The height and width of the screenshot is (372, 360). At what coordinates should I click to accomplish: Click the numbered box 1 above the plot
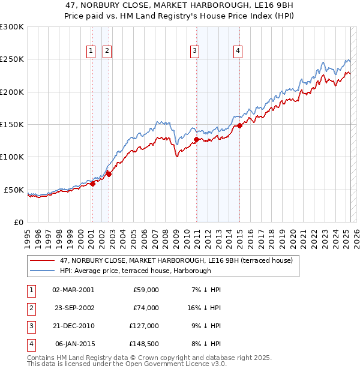tap(91, 52)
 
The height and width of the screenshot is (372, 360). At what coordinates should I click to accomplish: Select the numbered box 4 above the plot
tap(238, 52)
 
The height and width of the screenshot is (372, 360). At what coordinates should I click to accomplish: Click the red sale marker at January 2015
tap(239, 125)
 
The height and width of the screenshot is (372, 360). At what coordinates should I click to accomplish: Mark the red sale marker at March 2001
tap(92, 184)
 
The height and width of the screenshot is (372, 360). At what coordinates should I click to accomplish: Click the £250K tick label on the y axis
tap(12, 59)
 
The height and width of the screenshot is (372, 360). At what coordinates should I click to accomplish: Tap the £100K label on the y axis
tap(12, 157)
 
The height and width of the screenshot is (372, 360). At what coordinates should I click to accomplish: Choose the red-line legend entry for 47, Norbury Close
tap(176, 260)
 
